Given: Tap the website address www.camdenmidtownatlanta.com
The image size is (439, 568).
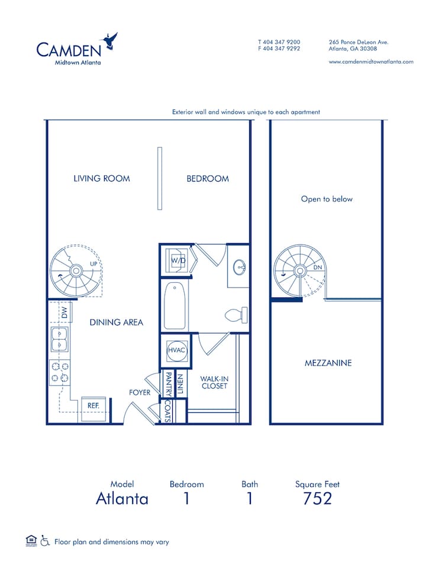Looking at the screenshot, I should [x=370, y=62].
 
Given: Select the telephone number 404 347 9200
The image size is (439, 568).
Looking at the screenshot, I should [x=279, y=43].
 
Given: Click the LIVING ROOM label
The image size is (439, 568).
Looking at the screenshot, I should [x=102, y=178].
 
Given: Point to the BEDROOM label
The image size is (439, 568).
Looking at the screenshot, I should [x=208, y=178].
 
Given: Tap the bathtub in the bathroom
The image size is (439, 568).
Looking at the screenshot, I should [x=176, y=306].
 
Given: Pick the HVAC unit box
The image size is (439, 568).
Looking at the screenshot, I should [x=176, y=351].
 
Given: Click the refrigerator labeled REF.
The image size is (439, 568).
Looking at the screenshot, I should [x=93, y=407].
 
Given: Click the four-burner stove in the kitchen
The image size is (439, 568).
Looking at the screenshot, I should [x=59, y=372].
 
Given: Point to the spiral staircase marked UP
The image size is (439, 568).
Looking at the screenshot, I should [x=76, y=271].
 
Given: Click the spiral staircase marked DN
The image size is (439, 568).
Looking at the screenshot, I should [x=300, y=272].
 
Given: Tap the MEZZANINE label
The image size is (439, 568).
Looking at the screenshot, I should [x=327, y=363].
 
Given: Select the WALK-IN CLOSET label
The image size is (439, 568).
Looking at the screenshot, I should [x=214, y=382].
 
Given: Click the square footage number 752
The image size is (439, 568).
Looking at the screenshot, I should [x=317, y=498].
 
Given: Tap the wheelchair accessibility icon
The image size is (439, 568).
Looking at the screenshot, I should [x=45, y=541].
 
